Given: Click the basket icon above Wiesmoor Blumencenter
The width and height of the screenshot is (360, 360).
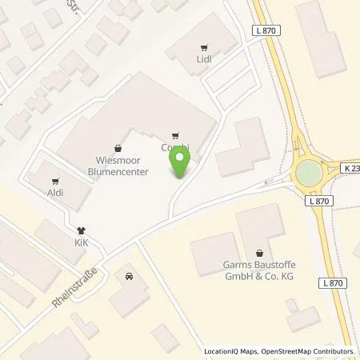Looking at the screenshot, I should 118,148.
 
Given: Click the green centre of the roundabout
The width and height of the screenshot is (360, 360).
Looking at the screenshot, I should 330,173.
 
